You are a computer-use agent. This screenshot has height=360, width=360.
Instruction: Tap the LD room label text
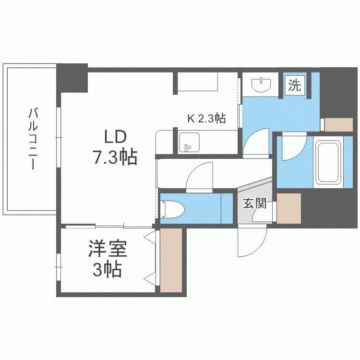(x=115, y=137)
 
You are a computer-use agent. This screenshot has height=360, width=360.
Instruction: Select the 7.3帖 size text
(x=115, y=157)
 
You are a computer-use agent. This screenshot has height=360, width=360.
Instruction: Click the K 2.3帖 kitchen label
(x=206, y=118)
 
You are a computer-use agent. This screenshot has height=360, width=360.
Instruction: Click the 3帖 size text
(x=107, y=270)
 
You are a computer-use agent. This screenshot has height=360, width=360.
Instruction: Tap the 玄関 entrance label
(x=254, y=204)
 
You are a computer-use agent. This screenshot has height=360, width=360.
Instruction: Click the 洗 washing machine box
(x=295, y=86)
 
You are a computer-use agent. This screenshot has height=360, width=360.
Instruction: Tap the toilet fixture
(x=172, y=209)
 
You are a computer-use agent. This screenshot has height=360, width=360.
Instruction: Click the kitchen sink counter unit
(x=189, y=142)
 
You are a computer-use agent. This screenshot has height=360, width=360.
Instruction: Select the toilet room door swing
(x=199, y=177)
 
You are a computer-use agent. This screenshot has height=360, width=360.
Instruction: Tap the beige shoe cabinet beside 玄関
(x=288, y=207)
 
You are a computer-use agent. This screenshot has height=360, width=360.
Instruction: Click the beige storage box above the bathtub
(x=338, y=124)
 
